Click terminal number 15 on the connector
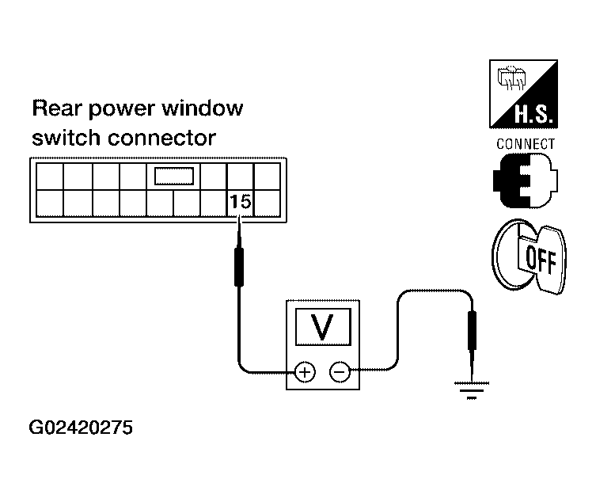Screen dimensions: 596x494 tap(241, 201)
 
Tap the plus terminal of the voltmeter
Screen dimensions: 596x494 tap(305, 372)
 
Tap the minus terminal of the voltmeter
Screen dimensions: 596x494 tap(339, 371)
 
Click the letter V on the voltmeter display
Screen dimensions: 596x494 tap(322, 327)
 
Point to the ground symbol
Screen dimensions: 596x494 tap(472, 390)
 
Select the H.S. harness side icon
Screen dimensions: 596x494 tap(523, 94)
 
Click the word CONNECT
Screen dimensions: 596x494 tap(526, 144)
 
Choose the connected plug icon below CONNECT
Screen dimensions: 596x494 tap(526, 180)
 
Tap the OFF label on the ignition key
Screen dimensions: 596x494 tap(541, 260)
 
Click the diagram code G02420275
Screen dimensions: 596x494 tap(81, 427)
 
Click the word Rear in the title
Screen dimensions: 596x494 tap(57, 108)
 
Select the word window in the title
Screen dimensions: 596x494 tap(202, 108)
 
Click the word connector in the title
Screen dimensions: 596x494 tap(162, 138)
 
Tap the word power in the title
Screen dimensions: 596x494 tap(122, 109)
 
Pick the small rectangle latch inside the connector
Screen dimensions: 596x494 tap(174, 176)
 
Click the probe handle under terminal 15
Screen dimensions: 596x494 tap(239, 267)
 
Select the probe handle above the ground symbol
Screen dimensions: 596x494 tap(472, 330)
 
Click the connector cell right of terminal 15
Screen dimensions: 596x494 tap(267, 203)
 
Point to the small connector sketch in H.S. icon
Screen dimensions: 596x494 tap(511, 78)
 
